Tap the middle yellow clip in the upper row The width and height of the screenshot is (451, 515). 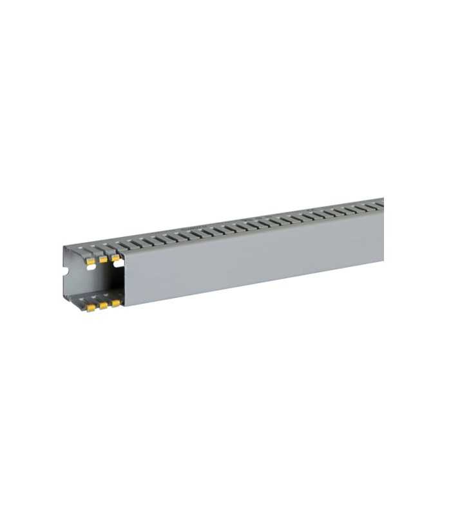coord(102,259)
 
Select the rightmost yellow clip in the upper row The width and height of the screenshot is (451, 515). coord(116,257)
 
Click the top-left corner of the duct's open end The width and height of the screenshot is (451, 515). coord(64,247)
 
